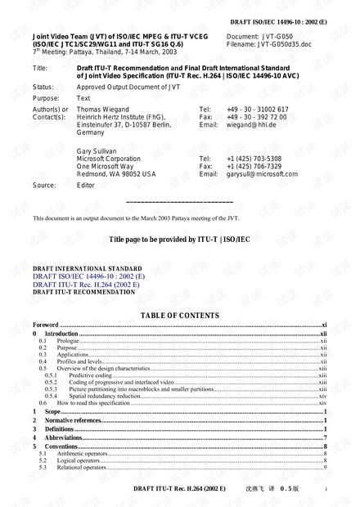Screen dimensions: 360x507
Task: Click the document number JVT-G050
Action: pyautogui.click(x=271, y=38)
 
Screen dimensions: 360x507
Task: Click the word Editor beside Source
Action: pyautogui.click(x=86, y=186)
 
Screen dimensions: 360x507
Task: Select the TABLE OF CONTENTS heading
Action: pyautogui.click(x=180, y=316)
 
